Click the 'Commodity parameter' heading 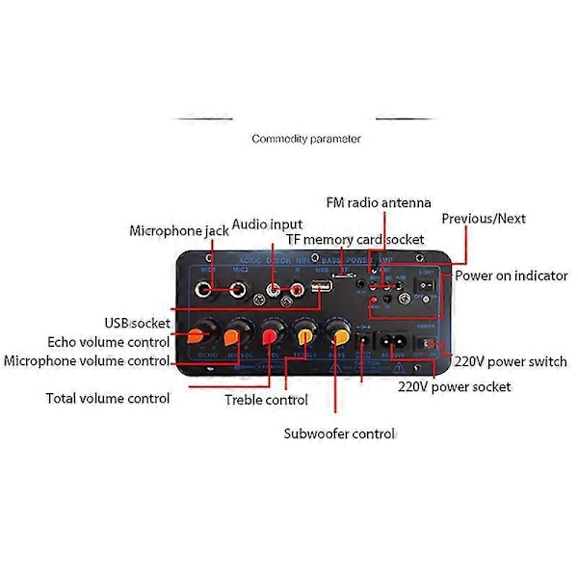(306, 139)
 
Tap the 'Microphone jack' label (179, 231)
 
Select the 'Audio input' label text (266, 224)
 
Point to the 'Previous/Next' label (483, 219)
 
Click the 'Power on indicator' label (511, 276)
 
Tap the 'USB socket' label (138, 323)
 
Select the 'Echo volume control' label (109, 341)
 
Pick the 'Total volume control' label (108, 398)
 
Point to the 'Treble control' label (266, 399)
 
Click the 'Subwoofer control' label (338, 433)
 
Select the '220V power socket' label (455, 386)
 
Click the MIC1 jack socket (205, 288)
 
